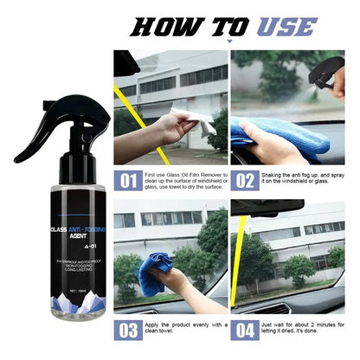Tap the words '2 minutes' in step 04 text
point(326,324)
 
